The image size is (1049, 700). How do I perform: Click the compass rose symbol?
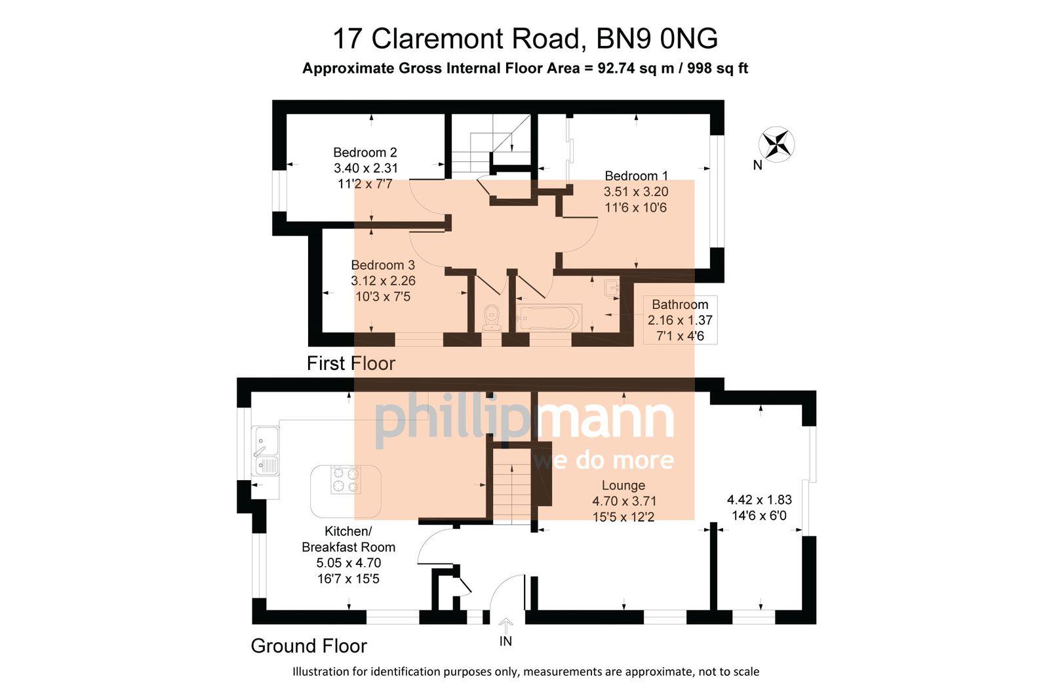pos(776,144)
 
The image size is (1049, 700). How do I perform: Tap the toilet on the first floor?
pos(491,318)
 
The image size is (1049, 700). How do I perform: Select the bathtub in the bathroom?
pos(549,318)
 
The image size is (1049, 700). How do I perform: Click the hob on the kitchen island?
pos(346,479)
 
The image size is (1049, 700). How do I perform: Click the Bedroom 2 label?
pos(365,153)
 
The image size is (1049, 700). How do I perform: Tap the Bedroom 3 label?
pos(383,265)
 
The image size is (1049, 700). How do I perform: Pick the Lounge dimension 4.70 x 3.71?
pos(624,501)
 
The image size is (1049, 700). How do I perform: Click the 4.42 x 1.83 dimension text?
pos(759,500)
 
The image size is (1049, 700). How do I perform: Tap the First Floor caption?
pos(351,363)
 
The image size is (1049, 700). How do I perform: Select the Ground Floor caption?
pos(308,646)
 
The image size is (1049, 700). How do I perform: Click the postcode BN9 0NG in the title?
pos(656,39)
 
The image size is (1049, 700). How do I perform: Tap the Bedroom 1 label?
pos(636,176)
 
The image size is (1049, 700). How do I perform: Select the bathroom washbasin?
pos(612,287)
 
